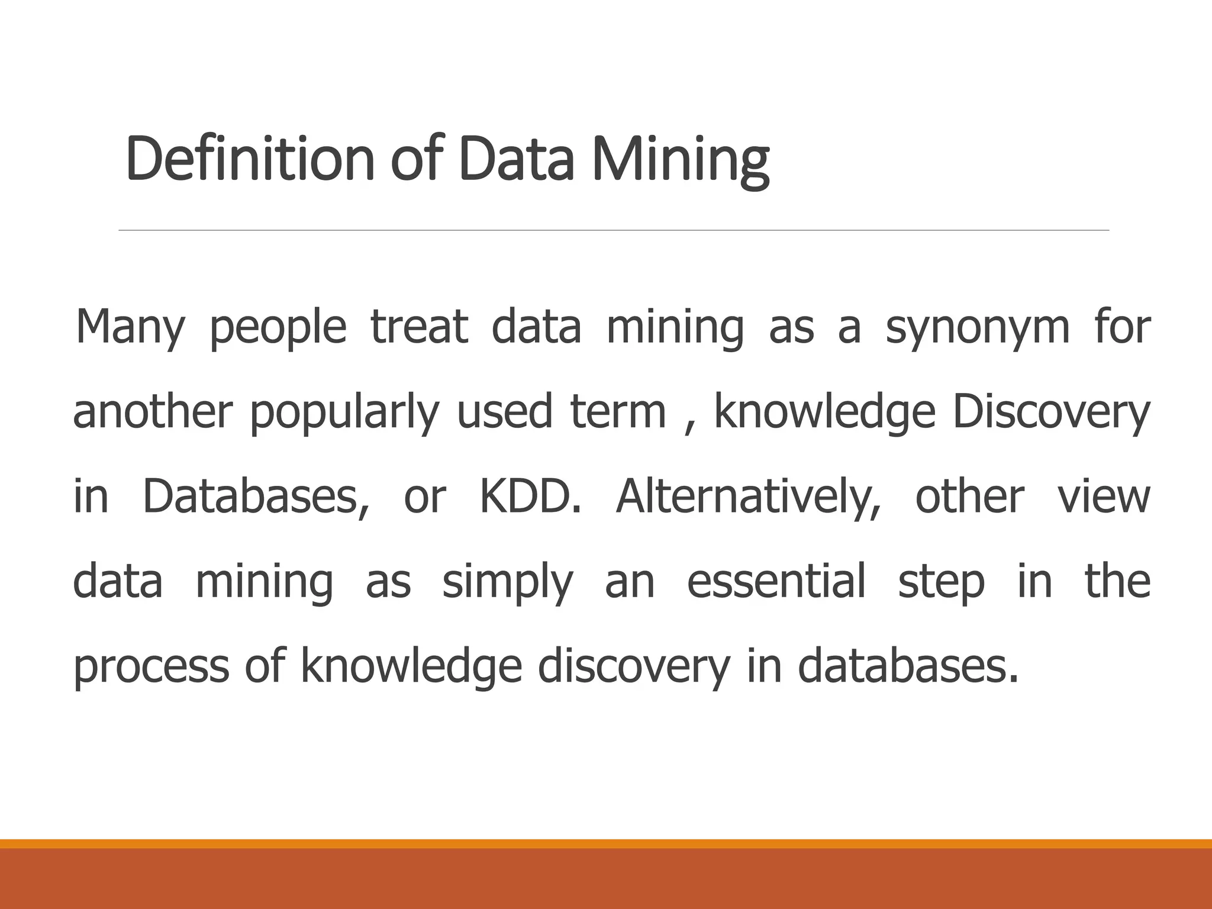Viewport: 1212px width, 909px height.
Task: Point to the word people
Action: click(x=278, y=327)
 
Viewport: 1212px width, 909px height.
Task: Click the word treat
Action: click(x=419, y=327)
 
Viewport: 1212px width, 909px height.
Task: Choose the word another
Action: click(x=153, y=412)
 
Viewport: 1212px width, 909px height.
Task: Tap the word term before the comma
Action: click(x=618, y=412)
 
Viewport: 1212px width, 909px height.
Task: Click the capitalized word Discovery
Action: click(x=1051, y=412)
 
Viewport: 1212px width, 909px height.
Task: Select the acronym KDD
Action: click(x=530, y=497)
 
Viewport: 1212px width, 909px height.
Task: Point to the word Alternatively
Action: click(x=748, y=497)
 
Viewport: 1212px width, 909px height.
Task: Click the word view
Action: click(x=1104, y=497)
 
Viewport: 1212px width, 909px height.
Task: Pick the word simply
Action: click(x=508, y=582)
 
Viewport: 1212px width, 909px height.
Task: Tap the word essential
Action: click(x=776, y=582)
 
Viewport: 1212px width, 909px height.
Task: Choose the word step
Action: click(x=941, y=582)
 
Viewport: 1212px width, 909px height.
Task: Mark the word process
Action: click(x=151, y=667)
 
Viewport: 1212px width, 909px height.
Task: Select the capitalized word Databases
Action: click(x=256, y=497)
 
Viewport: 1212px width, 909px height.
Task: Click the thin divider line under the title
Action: click(x=614, y=230)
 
